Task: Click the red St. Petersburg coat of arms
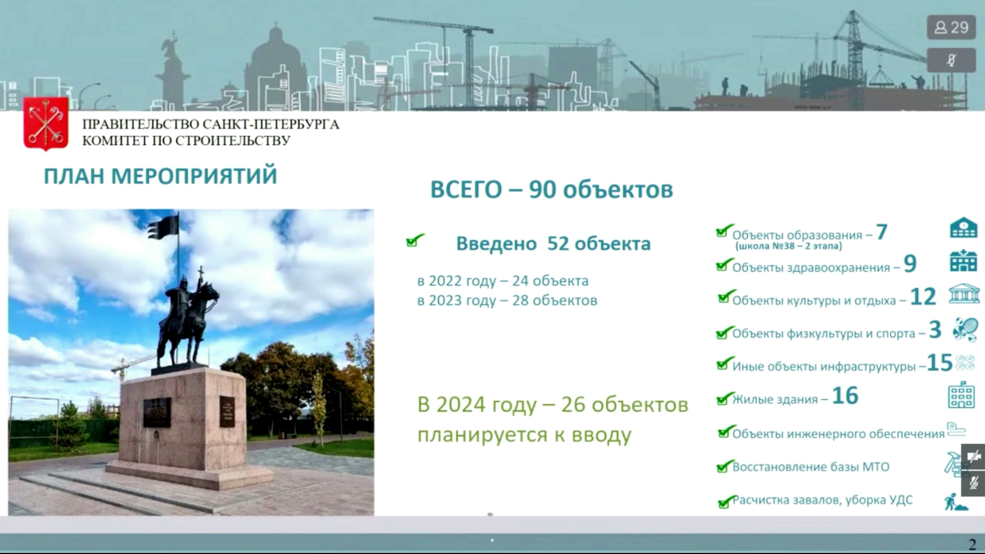46,124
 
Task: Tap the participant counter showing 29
951,28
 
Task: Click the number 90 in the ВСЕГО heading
542,189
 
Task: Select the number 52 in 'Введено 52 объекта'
558,244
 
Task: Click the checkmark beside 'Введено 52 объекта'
415,240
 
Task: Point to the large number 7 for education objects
881,232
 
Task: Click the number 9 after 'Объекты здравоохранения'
910,264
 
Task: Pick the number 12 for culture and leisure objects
923,297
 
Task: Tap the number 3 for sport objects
935,330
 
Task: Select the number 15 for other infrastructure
940,363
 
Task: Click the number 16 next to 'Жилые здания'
845,396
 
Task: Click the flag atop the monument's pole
163,227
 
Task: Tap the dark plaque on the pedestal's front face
157,412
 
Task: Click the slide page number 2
972,544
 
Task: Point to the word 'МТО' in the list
876,467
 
